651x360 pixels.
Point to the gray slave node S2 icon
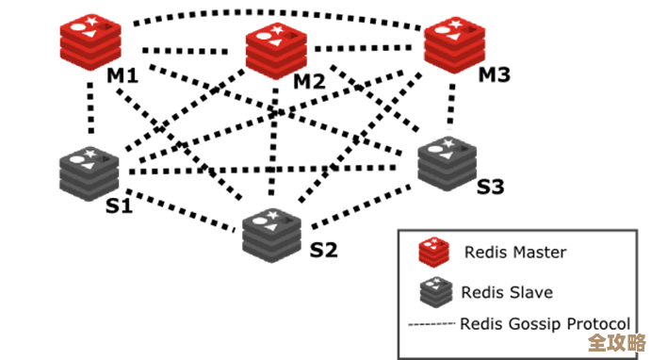pos(271,232)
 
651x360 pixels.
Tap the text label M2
pos(308,81)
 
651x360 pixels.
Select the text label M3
pos(495,74)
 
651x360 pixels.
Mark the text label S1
pos(118,205)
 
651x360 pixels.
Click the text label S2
pos(323,250)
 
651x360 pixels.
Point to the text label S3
pos(490,187)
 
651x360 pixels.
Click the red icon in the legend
pos(432,252)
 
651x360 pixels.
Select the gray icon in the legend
pos(432,291)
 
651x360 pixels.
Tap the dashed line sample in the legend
pos(431,324)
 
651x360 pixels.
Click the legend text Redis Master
pos(514,252)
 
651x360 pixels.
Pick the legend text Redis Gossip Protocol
pos(544,324)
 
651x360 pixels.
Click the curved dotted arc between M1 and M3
pos(273,14)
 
